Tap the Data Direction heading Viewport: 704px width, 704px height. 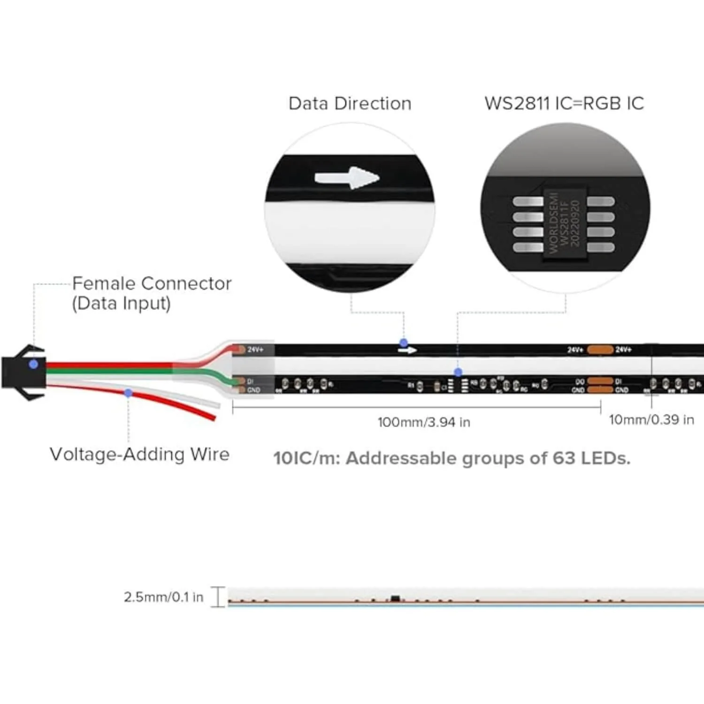tap(350, 104)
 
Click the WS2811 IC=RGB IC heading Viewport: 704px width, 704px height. tap(564, 104)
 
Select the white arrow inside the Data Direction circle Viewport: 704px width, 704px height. tap(347, 178)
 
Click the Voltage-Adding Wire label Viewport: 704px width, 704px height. tap(139, 454)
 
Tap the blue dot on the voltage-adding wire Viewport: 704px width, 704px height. tap(128, 393)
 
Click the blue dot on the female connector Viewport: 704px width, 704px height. tap(33, 364)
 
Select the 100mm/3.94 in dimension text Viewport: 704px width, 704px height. tap(424, 422)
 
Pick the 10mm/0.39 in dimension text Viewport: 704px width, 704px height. tap(651, 420)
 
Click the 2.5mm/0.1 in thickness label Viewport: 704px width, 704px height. tap(163, 597)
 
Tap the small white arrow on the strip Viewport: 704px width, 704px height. tap(407, 350)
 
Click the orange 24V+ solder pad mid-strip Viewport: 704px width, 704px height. tap(600, 350)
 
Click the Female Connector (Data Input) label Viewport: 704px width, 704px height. tap(151, 293)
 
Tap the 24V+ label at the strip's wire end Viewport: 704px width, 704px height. tap(255, 350)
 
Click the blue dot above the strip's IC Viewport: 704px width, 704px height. tap(458, 372)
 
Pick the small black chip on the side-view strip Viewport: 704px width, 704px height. tap(395, 599)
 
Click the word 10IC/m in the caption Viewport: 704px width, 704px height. tap(306, 458)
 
